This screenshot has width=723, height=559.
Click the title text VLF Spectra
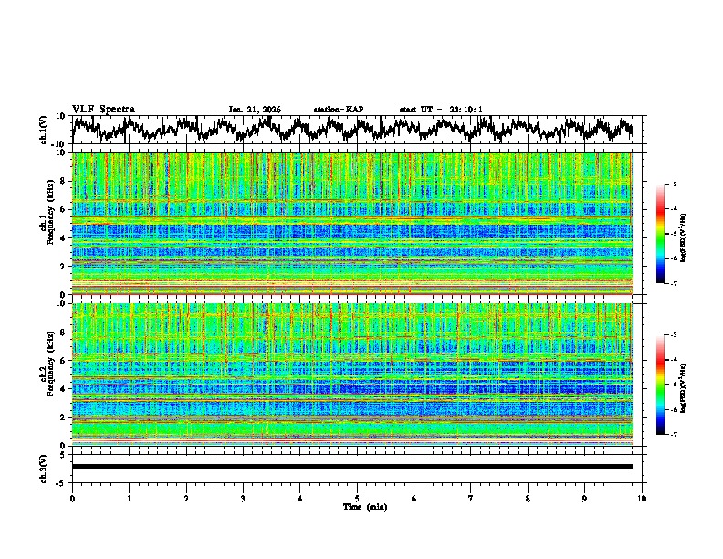click(x=103, y=109)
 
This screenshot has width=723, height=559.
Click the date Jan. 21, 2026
click(x=255, y=110)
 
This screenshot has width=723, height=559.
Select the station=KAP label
click(x=338, y=110)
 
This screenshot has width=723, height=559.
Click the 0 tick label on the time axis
click(x=72, y=498)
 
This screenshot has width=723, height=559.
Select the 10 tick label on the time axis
click(x=642, y=498)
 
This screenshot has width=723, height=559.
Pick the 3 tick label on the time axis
click(x=243, y=498)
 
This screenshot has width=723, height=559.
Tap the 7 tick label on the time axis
click(x=471, y=498)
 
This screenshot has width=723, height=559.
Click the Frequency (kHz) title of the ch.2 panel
click(x=52, y=374)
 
